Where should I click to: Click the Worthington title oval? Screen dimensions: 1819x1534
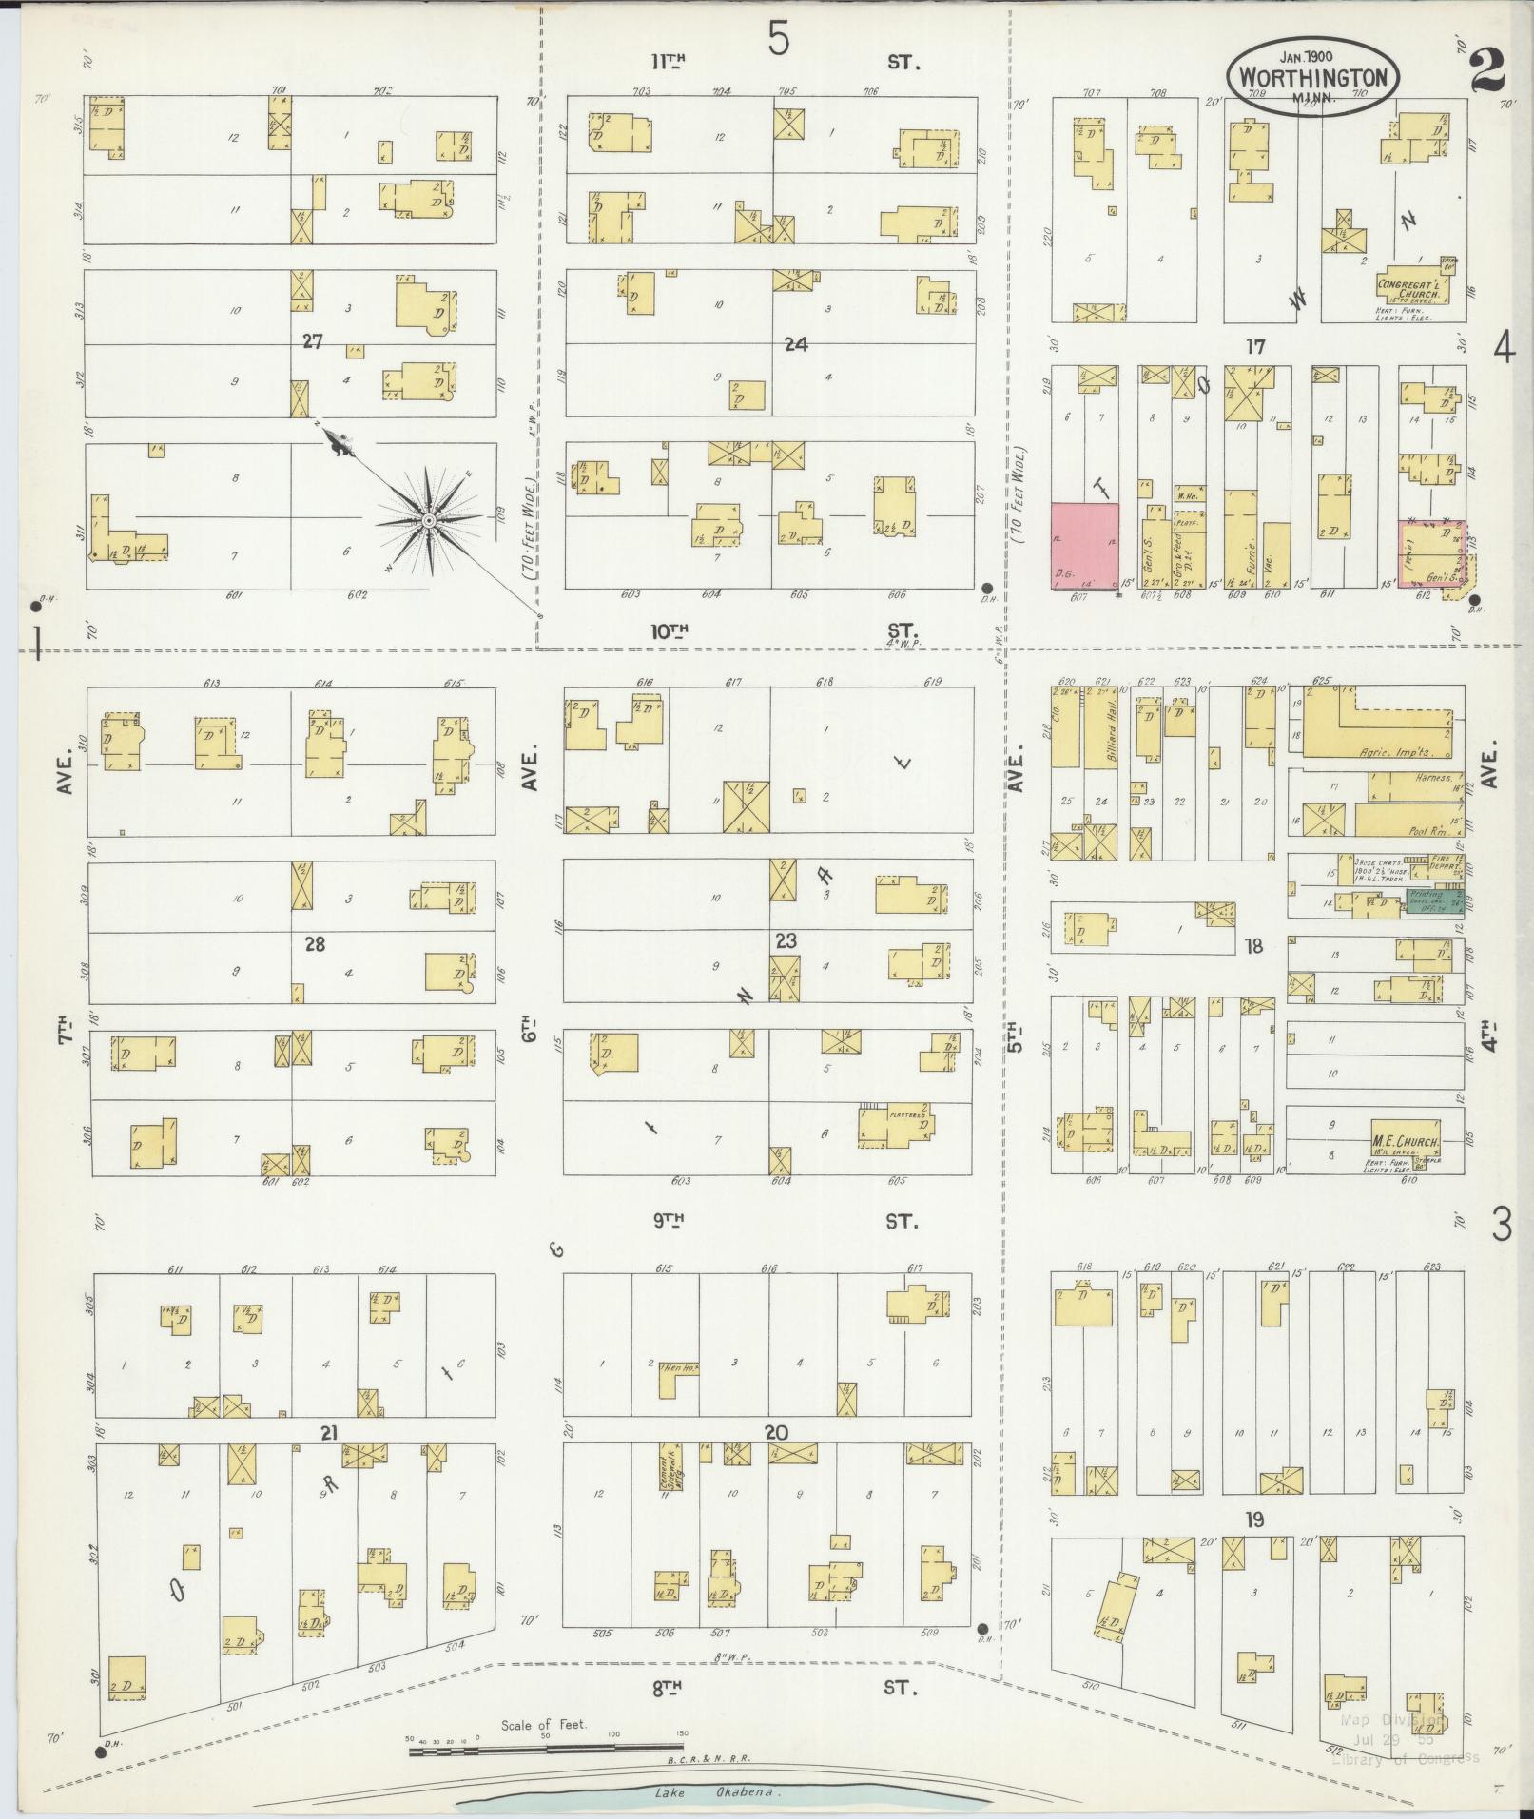[1312, 76]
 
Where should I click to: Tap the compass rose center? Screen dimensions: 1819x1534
[429, 521]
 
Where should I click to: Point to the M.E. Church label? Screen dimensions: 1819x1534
[1406, 1141]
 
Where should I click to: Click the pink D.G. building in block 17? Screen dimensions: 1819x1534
[1084, 546]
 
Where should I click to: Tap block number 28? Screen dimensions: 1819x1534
[315, 944]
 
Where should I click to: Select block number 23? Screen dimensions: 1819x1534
[786, 941]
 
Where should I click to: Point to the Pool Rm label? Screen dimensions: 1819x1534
[1426, 828]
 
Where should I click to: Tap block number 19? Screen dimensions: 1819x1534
[1255, 1519]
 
